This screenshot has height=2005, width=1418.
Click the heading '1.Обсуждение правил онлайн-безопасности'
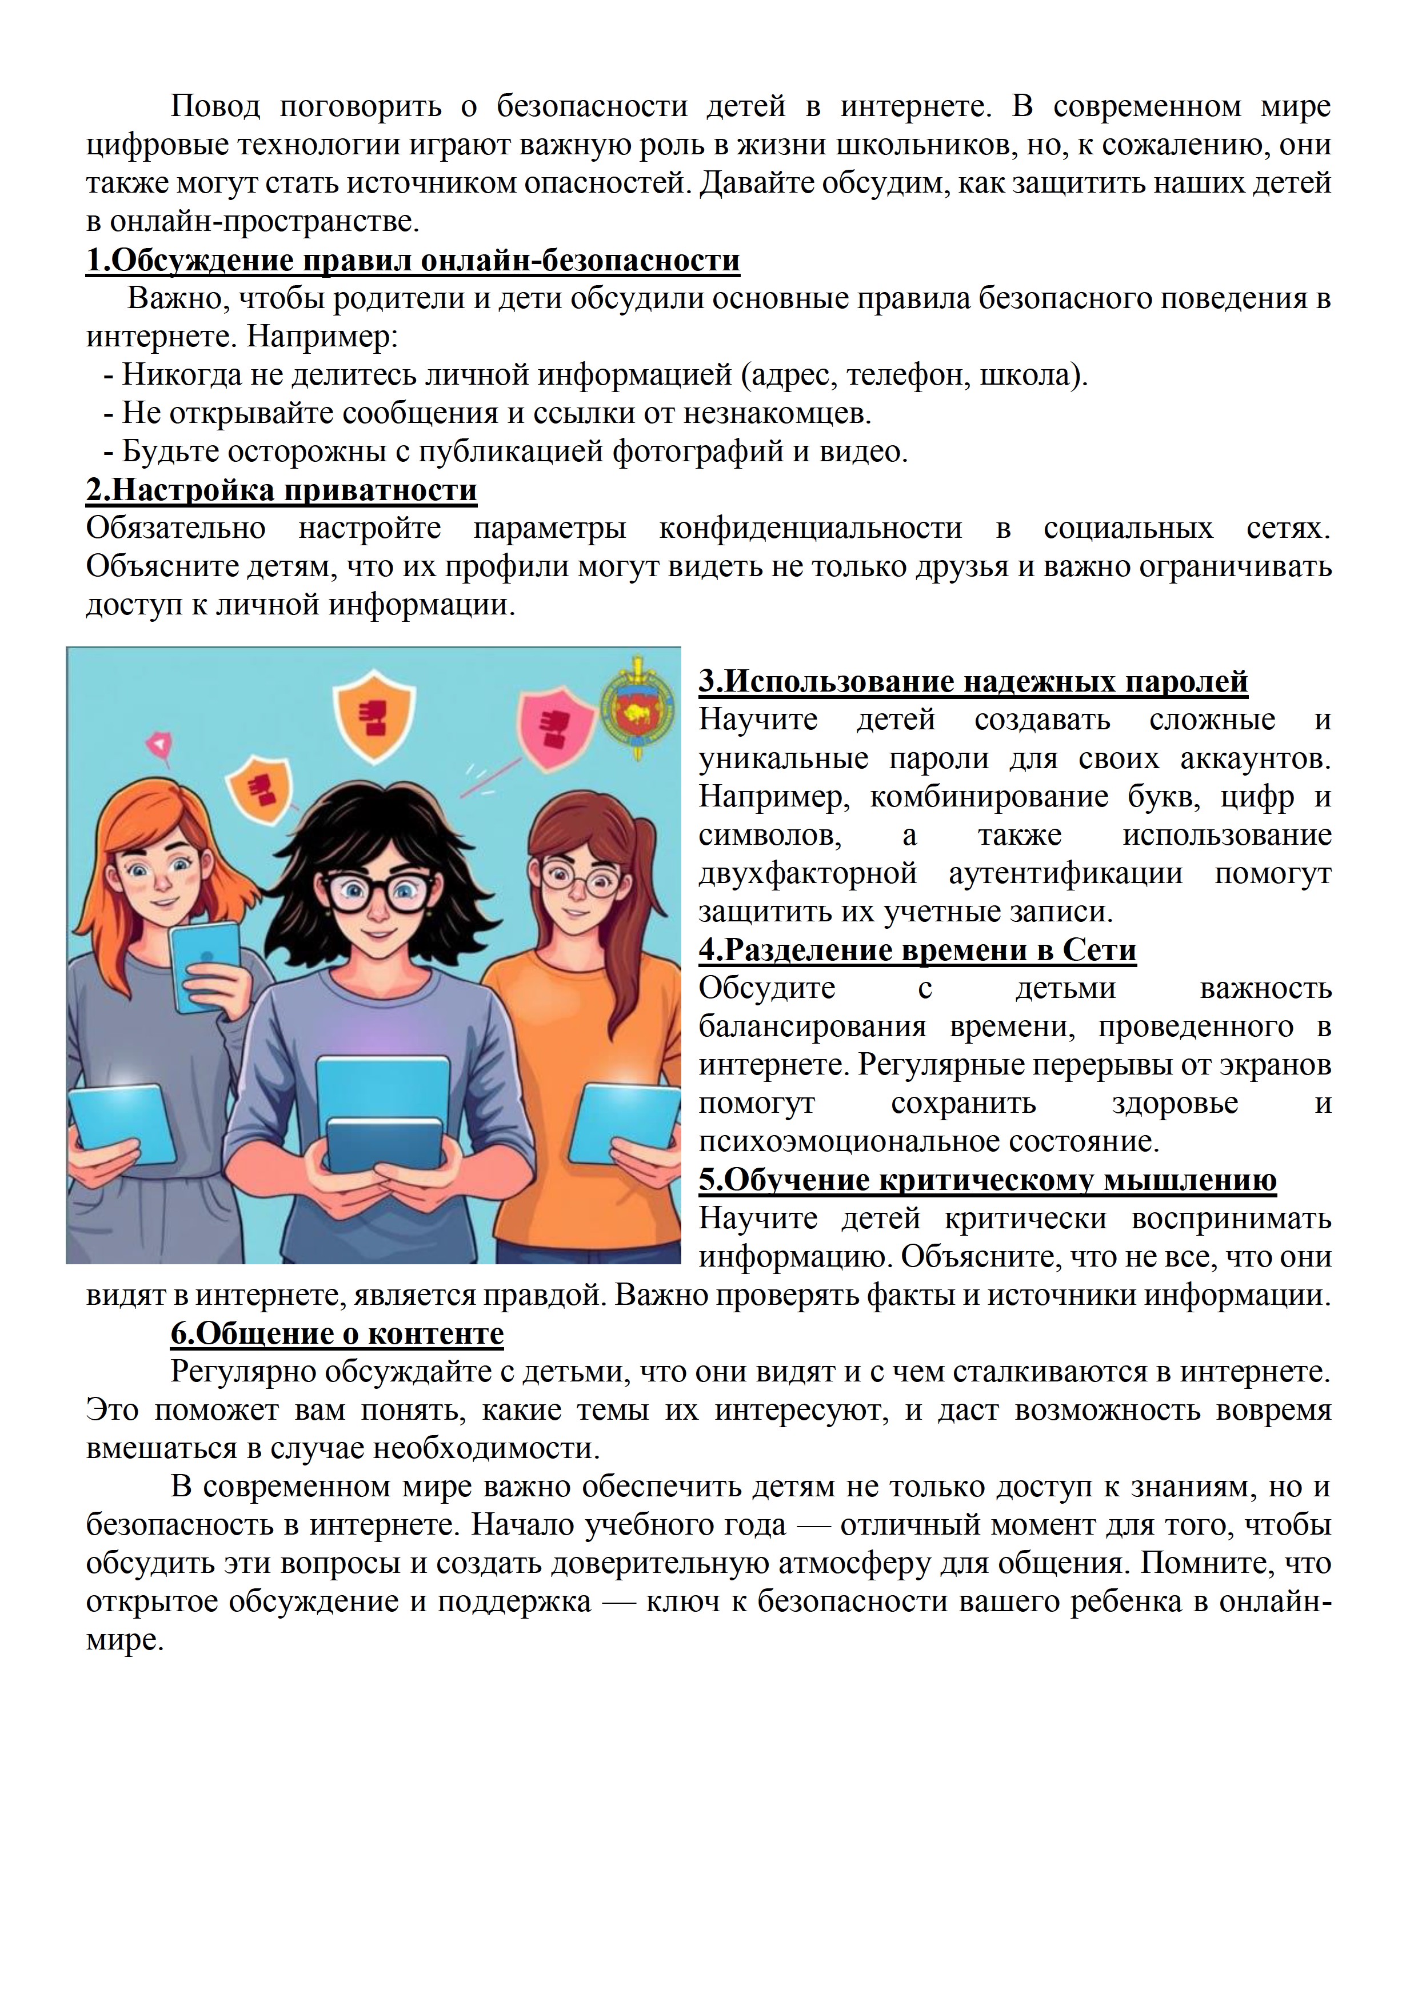(x=412, y=260)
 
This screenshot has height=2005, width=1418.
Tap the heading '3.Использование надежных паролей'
(x=973, y=681)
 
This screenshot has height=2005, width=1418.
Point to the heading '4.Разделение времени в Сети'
(x=917, y=949)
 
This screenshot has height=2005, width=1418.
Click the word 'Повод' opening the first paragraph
(x=215, y=106)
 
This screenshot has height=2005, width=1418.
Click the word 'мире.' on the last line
(x=125, y=1640)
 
